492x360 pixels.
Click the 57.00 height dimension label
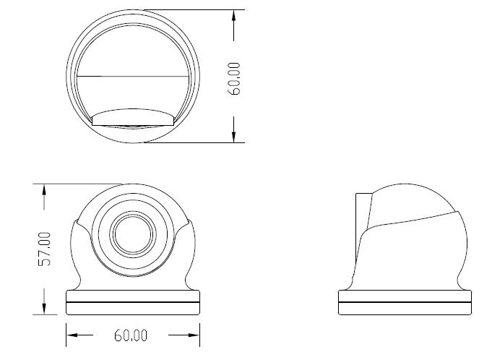(44, 249)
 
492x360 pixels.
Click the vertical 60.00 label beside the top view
(234, 79)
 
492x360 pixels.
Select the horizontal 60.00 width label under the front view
(131, 335)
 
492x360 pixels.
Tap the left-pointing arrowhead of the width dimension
(72, 335)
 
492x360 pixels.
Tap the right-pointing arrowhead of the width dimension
(194, 335)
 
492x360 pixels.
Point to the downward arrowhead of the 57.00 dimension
(44, 308)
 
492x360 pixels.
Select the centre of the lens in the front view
(133, 234)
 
